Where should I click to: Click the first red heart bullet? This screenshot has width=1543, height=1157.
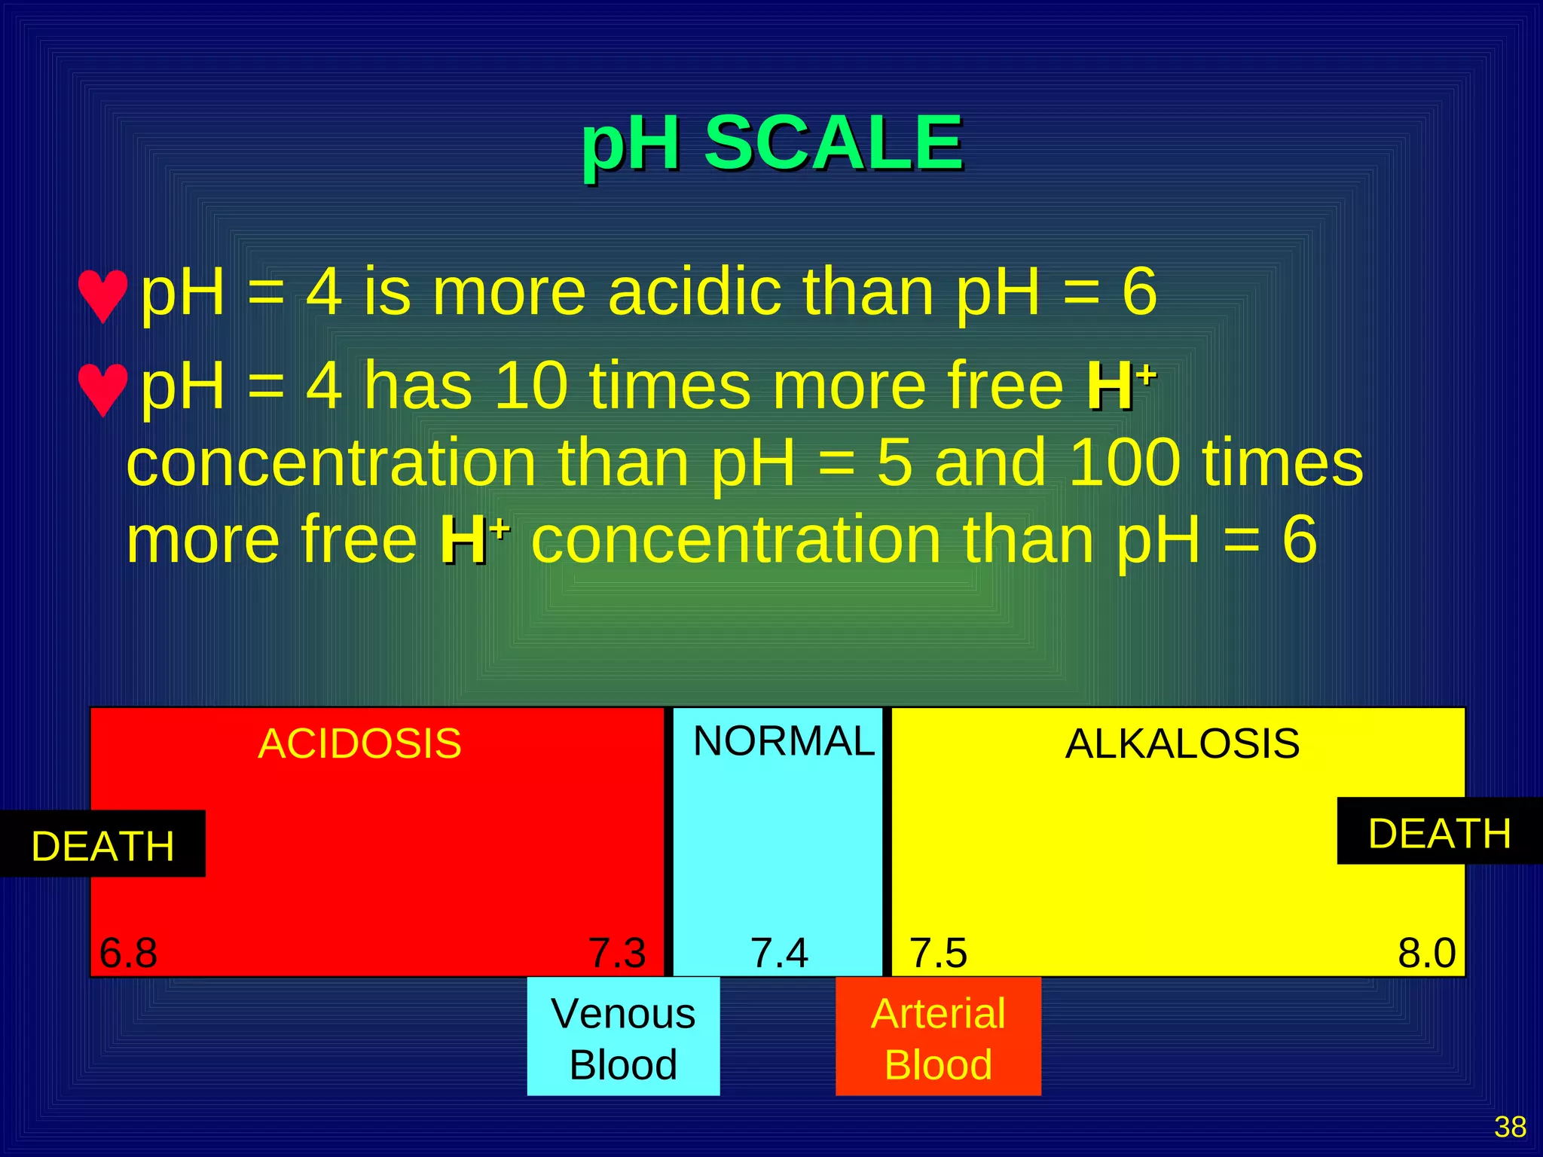click(102, 296)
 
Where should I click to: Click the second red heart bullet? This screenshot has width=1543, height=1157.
click(102, 389)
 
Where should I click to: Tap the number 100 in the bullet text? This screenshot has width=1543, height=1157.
click(1123, 462)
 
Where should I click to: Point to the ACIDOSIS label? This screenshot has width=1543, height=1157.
click(359, 744)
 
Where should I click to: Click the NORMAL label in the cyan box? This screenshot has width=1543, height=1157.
click(784, 741)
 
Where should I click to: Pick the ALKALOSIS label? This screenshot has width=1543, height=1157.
click(1182, 744)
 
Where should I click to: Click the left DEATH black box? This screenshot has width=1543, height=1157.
click(102, 844)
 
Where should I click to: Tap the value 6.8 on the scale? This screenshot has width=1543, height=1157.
click(128, 953)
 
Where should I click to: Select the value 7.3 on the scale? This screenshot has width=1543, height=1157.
click(617, 953)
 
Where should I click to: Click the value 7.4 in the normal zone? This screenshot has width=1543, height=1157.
click(779, 953)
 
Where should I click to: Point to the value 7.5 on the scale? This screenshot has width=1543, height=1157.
click(938, 953)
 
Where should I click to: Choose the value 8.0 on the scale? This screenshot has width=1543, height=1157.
click(1426, 953)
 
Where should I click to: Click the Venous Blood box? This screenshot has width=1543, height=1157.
click(623, 1037)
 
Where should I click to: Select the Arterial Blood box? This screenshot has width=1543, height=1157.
click(938, 1037)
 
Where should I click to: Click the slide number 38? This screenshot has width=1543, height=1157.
click(1510, 1127)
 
